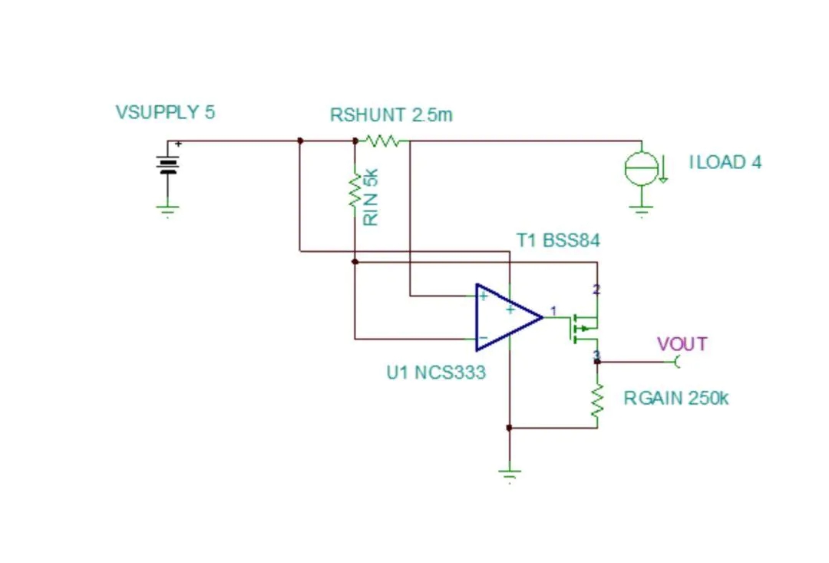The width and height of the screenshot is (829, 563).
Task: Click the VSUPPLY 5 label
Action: pos(165,112)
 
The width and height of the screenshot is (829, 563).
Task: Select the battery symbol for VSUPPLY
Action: pos(168,164)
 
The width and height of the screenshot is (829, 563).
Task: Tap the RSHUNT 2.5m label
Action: pos(391,115)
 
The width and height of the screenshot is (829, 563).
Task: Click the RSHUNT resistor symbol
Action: pos(381,141)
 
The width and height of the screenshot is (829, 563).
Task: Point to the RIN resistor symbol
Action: pos(355,190)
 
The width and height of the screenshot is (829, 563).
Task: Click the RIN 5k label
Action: pos(372,197)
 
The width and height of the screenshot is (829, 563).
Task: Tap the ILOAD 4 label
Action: pos(725,162)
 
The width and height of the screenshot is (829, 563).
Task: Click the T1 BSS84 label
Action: pos(558,240)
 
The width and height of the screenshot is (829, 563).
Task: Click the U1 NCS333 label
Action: pos(436,373)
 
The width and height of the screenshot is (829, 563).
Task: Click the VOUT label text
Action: pos(682,343)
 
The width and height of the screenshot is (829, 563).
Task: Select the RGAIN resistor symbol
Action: pos(597,402)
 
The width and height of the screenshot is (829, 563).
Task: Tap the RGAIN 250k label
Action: pos(675,399)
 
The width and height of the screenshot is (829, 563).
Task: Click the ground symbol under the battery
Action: pos(168,209)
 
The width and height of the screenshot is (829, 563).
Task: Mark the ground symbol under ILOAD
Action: pos(642,210)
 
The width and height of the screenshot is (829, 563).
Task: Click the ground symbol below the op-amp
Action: pos(509,475)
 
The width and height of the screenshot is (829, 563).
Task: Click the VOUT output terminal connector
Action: pos(676,361)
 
